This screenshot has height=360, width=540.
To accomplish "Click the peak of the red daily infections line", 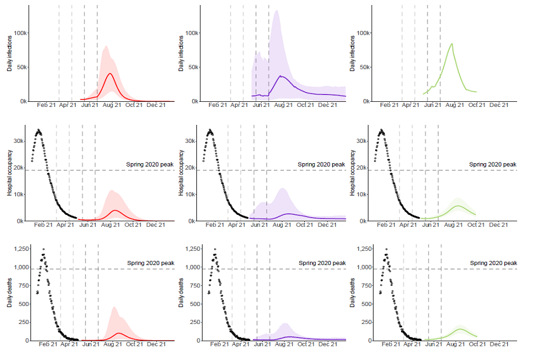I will (110, 74).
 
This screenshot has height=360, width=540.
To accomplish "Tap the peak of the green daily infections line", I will (452, 44).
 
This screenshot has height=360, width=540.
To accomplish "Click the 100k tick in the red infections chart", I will (19, 33).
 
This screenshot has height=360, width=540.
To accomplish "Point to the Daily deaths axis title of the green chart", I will (353, 292).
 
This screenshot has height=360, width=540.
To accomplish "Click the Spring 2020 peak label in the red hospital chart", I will (150, 164).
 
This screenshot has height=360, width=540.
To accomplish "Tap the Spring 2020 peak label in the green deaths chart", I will (493, 263).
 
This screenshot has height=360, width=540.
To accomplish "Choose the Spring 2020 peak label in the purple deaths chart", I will (322, 263).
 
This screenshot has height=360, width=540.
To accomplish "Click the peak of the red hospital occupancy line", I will (115, 210).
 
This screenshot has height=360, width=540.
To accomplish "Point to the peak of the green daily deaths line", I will (461, 329).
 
